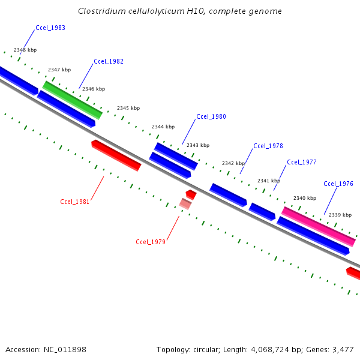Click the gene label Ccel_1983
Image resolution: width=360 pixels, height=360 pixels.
(x=50, y=28)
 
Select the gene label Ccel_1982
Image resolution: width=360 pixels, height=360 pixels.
(x=109, y=62)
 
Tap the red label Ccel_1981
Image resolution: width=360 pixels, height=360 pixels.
(x=75, y=202)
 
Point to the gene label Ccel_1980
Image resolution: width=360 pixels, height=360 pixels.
(x=211, y=116)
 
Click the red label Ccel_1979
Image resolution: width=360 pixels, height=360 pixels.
(x=151, y=242)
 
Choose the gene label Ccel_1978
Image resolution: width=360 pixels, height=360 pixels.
(x=268, y=146)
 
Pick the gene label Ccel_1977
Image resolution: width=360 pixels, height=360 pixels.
(x=302, y=162)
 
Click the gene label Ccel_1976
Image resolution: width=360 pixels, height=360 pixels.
(x=338, y=184)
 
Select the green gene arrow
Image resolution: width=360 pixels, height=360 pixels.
(x=72, y=100)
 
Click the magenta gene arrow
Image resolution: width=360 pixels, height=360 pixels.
(x=319, y=226)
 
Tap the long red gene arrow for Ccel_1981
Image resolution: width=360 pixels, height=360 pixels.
(x=116, y=156)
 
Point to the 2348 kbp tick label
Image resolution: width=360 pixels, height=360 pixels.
(x=25, y=50)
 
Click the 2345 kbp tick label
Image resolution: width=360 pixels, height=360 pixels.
(x=128, y=108)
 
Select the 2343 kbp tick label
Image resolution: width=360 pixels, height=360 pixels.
(x=198, y=145)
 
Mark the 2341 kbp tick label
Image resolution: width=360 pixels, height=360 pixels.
(x=269, y=181)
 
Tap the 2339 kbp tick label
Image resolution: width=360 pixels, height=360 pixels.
(x=340, y=215)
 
